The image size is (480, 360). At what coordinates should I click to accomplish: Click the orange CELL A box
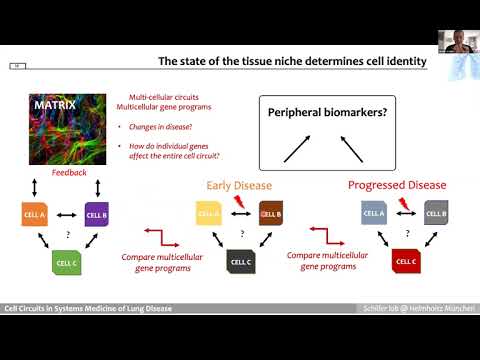click(x=34, y=213)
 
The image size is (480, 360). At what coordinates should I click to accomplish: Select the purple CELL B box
click(x=96, y=213)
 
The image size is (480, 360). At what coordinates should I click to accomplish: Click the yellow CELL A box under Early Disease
click(x=207, y=213)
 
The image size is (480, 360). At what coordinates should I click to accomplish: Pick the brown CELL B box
click(x=270, y=213)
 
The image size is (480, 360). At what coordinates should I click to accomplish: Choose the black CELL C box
click(x=240, y=262)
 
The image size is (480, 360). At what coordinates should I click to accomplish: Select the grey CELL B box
click(x=435, y=213)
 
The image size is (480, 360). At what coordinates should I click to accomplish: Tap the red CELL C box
click(x=404, y=262)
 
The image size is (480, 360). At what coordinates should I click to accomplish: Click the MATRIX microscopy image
click(x=66, y=127)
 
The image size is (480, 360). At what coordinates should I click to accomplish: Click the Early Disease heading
click(x=239, y=185)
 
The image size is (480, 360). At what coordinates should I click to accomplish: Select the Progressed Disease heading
click(x=396, y=185)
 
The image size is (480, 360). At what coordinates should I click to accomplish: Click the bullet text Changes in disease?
click(x=164, y=127)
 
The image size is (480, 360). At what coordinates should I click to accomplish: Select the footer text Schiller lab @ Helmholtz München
click(x=420, y=309)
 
